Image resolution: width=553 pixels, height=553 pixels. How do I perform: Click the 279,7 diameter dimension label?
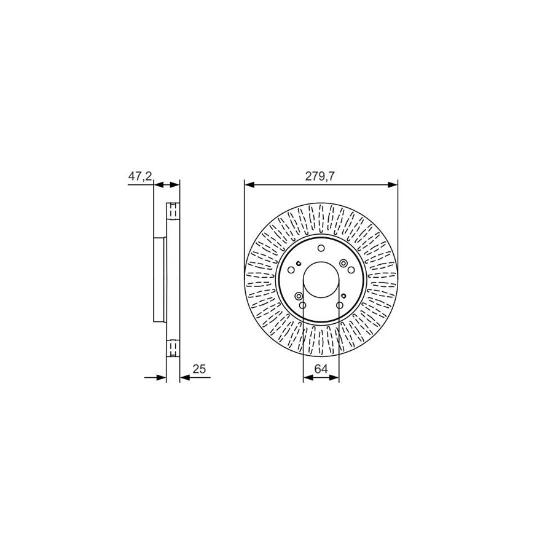point(321,176)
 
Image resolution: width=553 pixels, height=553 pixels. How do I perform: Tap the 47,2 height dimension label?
point(139,176)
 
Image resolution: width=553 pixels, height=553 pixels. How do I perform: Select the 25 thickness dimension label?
point(198,369)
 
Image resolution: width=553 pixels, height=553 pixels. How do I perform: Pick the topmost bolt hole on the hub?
point(321,249)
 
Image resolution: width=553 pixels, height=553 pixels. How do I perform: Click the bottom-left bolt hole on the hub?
point(302,305)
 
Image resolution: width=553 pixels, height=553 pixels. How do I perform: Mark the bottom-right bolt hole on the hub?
point(339,305)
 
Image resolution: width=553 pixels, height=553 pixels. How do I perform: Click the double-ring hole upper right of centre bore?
point(343,264)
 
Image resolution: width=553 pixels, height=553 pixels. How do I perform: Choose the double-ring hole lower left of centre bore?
point(299,297)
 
